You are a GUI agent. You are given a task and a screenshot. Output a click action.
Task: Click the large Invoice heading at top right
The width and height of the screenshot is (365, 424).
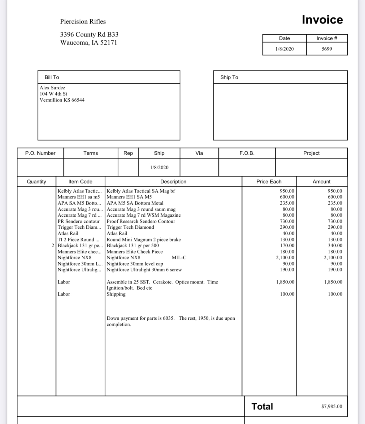322,20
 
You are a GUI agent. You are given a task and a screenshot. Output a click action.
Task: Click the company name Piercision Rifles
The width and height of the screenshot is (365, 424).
83,22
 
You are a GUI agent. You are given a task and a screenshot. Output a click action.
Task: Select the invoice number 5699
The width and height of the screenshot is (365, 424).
327,49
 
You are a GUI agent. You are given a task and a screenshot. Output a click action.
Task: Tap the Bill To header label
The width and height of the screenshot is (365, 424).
52,77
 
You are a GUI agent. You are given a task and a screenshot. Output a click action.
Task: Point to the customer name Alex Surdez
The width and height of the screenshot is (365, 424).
52,88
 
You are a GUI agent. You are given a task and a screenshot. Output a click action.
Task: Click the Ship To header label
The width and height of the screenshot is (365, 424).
229,77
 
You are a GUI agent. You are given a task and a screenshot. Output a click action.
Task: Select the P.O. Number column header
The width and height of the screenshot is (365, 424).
40,153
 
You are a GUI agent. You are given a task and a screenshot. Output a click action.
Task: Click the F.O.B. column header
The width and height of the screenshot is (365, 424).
247,153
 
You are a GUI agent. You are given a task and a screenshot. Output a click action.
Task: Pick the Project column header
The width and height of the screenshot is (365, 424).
311,153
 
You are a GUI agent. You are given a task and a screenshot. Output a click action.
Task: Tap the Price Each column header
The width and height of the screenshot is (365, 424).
269,182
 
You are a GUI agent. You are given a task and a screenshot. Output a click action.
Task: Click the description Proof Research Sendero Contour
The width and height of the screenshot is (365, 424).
141,221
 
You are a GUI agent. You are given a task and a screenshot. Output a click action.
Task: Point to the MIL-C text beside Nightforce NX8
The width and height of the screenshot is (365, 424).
179,257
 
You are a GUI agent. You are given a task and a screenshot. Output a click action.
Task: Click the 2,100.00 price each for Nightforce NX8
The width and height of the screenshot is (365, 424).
285,257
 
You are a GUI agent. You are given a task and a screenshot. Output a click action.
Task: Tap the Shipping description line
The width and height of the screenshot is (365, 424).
116,294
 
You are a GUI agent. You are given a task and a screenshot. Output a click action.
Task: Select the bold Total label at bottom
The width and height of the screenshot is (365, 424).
262,406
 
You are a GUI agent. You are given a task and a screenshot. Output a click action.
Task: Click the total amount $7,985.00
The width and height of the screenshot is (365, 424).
332,406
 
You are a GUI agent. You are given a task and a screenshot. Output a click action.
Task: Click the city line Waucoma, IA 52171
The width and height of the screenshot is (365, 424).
89,43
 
